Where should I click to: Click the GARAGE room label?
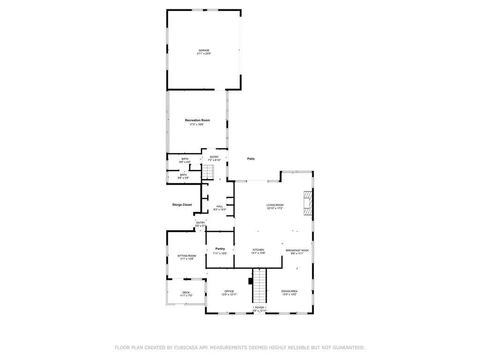click(203, 50)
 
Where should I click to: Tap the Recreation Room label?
click(197, 120)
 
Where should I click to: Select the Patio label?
click(251, 159)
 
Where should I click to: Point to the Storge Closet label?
click(182, 205)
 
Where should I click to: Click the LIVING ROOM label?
click(275, 205)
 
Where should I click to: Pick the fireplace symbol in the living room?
click(307, 203)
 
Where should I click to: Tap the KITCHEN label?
click(259, 250)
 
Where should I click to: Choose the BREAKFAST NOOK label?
click(297, 250)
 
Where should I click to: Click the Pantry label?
click(220, 248)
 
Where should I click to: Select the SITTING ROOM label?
click(186, 256)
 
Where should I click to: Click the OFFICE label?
click(229, 291)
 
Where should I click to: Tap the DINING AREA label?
click(290, 291)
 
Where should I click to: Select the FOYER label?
click(259, 307)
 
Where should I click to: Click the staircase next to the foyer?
click(259, 285)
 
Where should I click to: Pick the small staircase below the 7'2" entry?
click(208, 172)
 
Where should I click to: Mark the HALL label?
click(219, 206)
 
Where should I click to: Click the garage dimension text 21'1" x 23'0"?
click(203, 54)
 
